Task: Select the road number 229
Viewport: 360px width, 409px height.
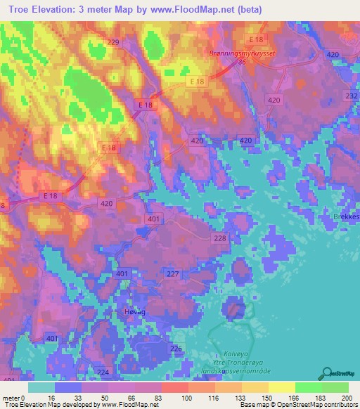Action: click(x=113, y=43)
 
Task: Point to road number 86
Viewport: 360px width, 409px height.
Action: click(x=242, y=63)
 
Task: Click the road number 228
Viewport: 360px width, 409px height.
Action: click(x=220, y=239)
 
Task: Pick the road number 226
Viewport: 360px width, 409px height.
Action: click(x=176, y=349)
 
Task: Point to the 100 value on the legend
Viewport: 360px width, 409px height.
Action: click(x=187, y=398)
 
